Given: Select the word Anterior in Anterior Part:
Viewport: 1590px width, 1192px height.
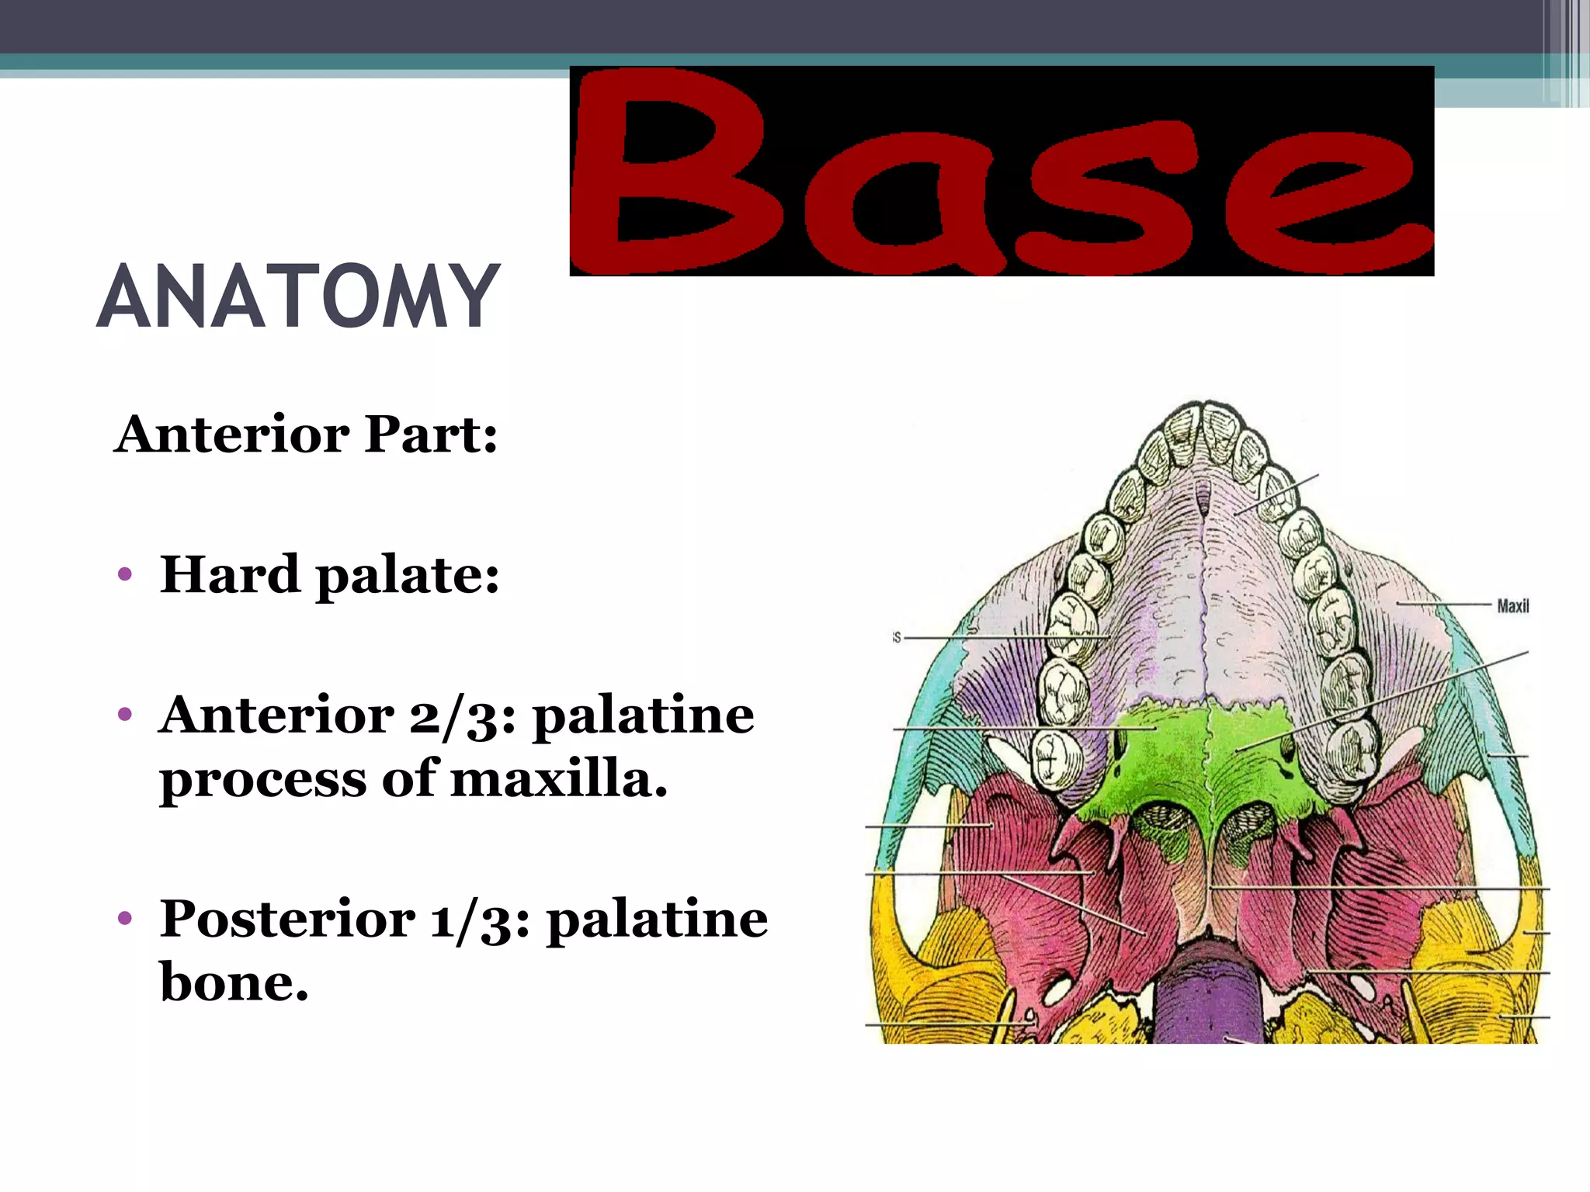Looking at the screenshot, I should (232, 434).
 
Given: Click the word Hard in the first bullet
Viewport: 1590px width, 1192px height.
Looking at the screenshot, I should (229, 575).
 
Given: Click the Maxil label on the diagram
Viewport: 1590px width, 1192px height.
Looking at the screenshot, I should (1512, 606).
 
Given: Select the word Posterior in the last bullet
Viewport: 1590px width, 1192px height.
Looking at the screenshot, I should (287, 920).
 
